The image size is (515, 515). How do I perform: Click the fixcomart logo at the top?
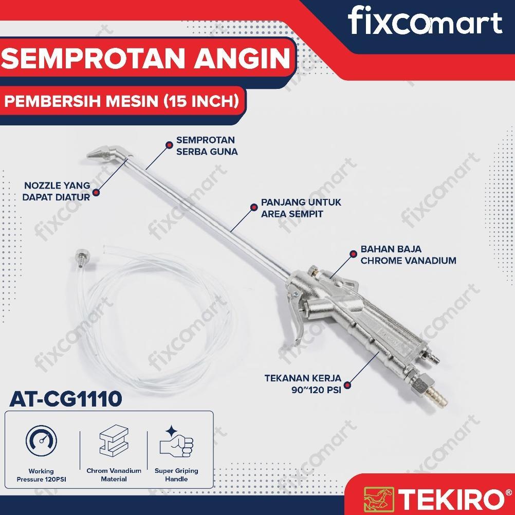425,23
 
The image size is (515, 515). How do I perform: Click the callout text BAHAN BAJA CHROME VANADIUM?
408,255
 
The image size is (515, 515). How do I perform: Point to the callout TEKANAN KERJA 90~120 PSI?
302,384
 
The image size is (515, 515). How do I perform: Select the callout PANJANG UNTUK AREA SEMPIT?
301,208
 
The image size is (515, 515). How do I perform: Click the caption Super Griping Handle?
176,474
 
